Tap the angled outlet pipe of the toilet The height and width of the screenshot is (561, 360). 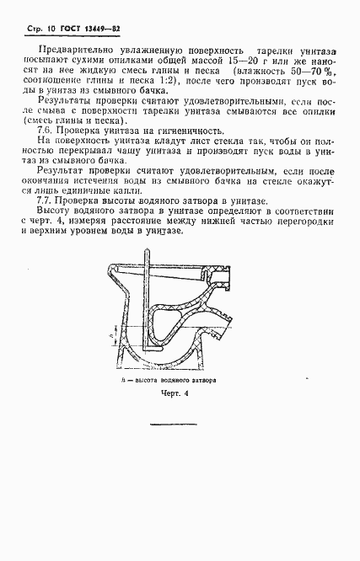coord(222,329)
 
